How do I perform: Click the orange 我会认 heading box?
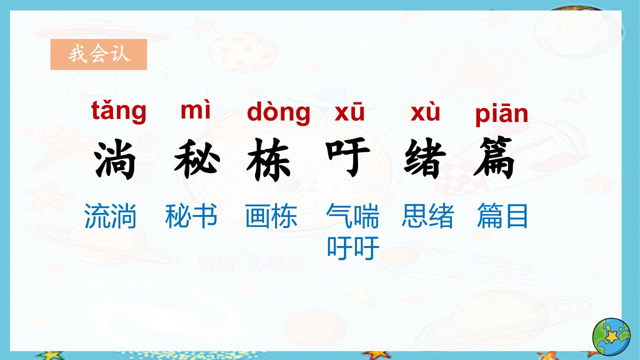pos(98,54)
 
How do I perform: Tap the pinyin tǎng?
pos(118,111)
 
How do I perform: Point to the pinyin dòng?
pos(278,113)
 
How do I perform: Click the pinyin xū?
pos(349,111)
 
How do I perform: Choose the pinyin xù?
pos(425,111)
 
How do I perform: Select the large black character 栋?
pos(268,159)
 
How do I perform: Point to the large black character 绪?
pos(425,158)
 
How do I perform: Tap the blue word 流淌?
pos(110,215)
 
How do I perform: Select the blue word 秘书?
pos(191,215)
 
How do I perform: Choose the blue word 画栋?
pos(271,215)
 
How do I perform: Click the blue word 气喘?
pos(352,215)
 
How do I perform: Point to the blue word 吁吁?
pos(353,248)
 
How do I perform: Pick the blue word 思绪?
pos(427,215)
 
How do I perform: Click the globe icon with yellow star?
pos(611,337)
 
